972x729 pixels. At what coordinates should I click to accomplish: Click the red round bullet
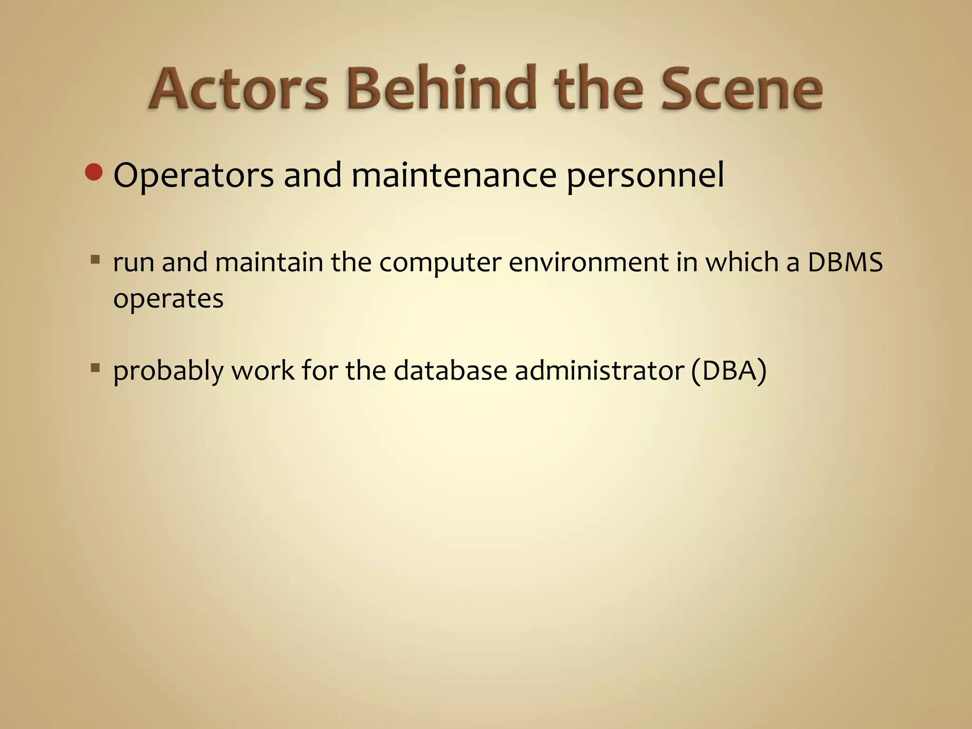pos(94,172)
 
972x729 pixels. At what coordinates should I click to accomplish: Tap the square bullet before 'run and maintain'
pos(95,260)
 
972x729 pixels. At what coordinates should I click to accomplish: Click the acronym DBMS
pos(845,262)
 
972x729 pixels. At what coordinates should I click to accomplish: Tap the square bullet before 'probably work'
pos(95,367)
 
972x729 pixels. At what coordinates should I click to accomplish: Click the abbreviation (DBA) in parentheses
pos(729,370)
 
